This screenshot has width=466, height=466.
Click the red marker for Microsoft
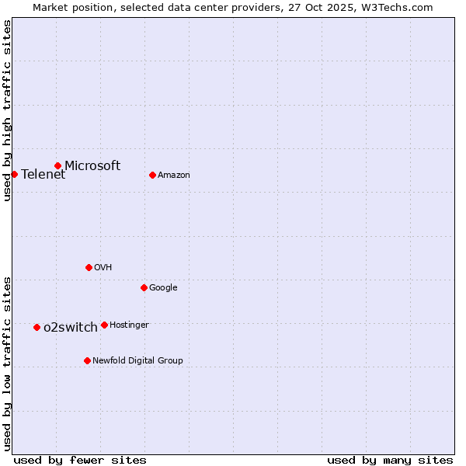[57, 165]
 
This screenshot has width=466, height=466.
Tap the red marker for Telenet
[14, 174]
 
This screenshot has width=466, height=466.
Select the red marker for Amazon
[152, 175]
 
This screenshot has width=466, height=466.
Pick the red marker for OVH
[89, 267]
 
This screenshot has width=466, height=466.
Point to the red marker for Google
[144, 287]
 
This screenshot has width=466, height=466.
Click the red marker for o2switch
[37, 327]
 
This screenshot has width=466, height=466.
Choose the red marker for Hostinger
[104, 325]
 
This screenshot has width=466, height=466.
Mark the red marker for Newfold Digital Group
[87, 360]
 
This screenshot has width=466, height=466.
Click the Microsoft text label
[92, 165]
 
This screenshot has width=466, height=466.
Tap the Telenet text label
[43, 174]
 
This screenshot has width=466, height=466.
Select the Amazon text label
[174, 175]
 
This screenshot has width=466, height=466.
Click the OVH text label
[103, 267]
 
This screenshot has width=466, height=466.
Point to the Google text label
[163, 287]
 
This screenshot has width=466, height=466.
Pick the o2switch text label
[71, 327]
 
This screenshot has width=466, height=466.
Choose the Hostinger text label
[129, 325]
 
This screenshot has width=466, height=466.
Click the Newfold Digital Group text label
[137, 360]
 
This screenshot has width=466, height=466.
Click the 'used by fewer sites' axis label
[80, 460]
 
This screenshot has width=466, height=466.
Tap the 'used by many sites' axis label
[390, 460]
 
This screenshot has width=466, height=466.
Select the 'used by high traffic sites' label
[7, 110]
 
